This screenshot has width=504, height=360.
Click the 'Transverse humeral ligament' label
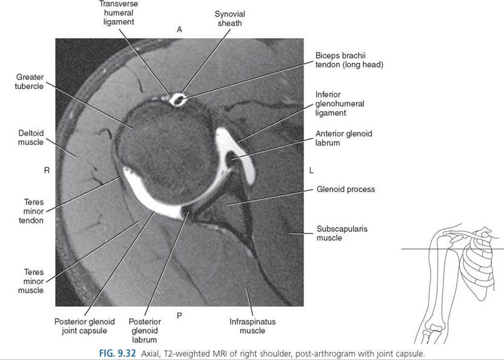(x=119, y=13)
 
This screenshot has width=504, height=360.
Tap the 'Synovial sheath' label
(x=230, y=19)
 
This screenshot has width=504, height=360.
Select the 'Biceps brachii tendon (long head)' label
(x=349, y=60)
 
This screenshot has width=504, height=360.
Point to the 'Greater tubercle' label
(x=30, y=82)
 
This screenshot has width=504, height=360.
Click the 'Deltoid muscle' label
(x=31, y=138)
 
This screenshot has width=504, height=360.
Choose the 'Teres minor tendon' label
(x=32, y=212)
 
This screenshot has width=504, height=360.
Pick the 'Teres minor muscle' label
(x=31, y=281)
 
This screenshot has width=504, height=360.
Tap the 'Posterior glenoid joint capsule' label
(x=84, y=326)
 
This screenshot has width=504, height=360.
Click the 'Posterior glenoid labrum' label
(x=144, y=330)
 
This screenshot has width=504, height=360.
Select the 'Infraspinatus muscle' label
(x=253, y=326)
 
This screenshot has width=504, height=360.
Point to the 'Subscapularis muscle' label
(x=342, y=233)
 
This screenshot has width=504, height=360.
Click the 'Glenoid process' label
(x=346, y=189)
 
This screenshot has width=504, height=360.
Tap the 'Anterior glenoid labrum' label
(x=344, y=138)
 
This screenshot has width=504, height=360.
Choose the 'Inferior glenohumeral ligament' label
(x=340, y=104)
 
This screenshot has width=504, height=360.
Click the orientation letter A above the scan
(x=180, y=30)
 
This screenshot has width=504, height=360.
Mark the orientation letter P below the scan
(x=180, y=316)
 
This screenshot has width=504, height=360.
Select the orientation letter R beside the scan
(x=47, y=170)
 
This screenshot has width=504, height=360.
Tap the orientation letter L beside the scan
(x=311, y=170)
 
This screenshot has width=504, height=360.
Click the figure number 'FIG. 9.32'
(x=117, y=353)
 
